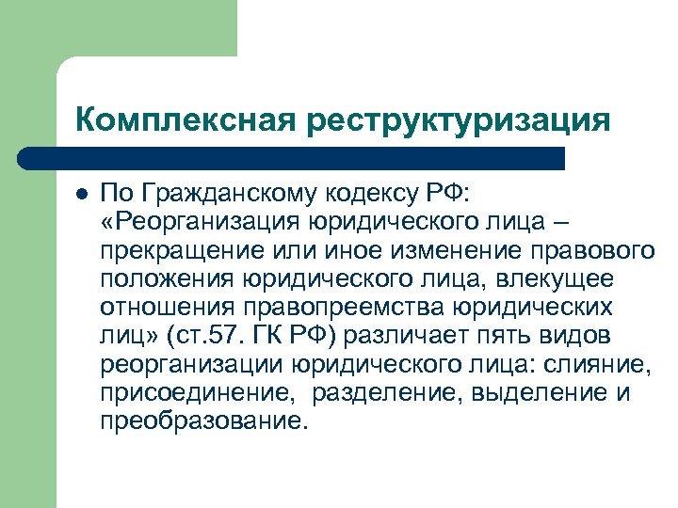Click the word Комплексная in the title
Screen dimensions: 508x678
184,120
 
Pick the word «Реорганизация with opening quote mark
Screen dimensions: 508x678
195,223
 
